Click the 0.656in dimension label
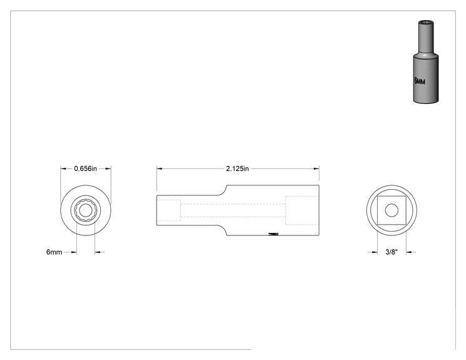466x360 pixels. [x=85, y=168]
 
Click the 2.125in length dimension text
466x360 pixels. [x=237, y=168]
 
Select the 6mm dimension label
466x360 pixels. [x=54, y=252]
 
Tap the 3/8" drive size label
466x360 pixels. [x=391, y=252]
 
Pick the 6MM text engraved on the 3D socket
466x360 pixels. [x=420, y=81]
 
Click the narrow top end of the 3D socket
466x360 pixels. [x=426, y=23]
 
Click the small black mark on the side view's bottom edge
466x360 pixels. [x=274, y=234]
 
